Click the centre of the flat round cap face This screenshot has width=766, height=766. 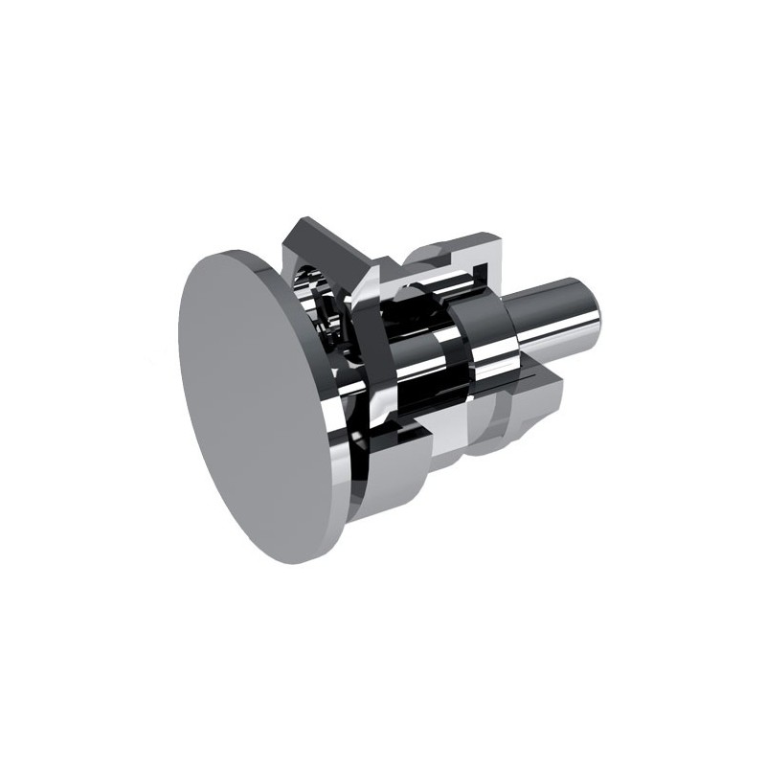[x=253, y=402]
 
